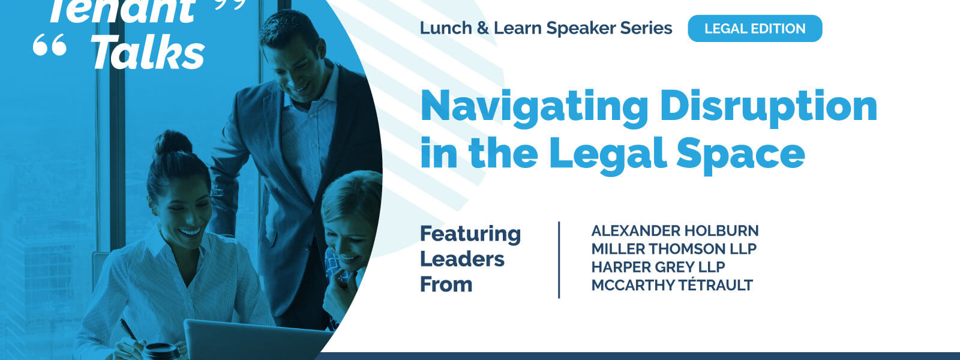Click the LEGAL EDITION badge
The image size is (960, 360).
755,28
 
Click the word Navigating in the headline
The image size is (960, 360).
534,107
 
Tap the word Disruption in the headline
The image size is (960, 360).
769,107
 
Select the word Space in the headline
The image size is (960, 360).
740,155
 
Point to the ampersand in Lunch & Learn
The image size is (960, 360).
482,28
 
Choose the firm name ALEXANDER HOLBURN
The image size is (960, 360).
674,230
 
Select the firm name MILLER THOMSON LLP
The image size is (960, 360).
674,248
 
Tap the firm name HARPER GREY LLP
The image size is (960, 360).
658,266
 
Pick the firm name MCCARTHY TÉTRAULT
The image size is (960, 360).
672,284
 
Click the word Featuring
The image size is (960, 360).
470,235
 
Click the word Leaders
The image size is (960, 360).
462,259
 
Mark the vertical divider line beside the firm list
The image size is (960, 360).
559,260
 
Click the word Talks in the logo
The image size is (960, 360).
148,52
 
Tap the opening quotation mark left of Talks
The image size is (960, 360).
50,45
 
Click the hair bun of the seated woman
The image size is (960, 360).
173,143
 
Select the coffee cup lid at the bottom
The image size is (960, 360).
161,349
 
